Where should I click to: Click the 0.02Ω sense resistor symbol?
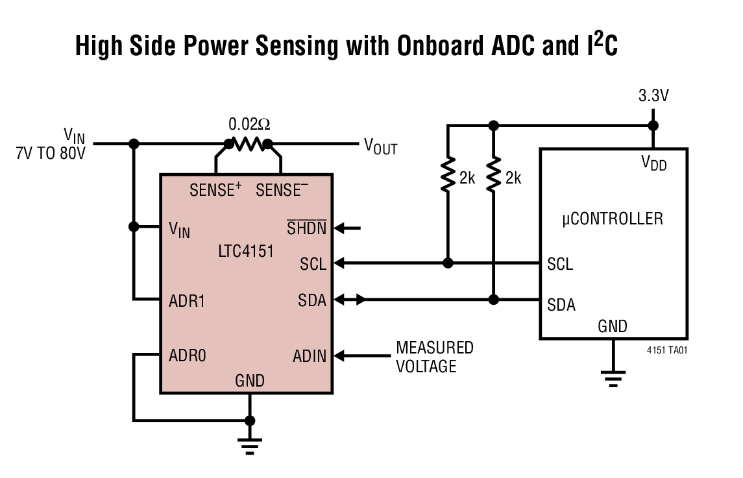click(x=247, y=144)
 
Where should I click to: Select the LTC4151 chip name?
click(x=246, y=250)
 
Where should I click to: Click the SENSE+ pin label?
click(x=215, y=190)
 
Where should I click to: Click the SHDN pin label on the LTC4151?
click(x=306, y=228)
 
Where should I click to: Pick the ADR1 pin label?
click(x=187, y=300)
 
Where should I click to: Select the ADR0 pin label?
click(x=188, y=355)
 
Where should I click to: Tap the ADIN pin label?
click(x=309, y=355)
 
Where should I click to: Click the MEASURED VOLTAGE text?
click(x=434, y=357)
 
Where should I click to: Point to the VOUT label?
click(x=380, y=146)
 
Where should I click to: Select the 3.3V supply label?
click(x=653, y=97)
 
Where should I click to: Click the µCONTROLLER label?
click(x=613, y=218)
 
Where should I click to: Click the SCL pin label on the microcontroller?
click(x=560, y=265)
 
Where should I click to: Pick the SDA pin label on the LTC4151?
click(x=312, y=300)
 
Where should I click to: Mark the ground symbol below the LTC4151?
click(x=249, y=444)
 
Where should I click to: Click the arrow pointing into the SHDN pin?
click(x=349, y=228)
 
